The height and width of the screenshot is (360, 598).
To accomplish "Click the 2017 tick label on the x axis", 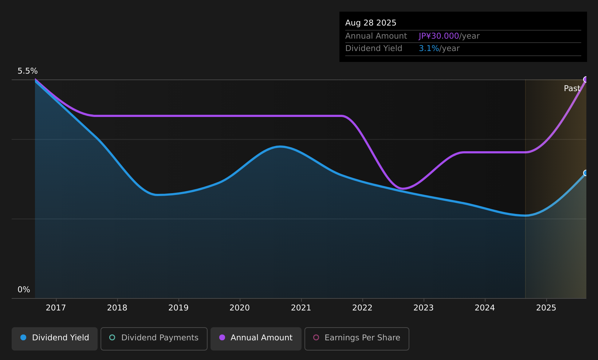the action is pyautogui.click(x=56, y=308).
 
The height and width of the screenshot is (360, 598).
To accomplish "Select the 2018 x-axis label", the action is pyautogui.click(x=117, y=308).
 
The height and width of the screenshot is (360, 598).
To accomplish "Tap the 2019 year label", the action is pyautogui.click(x=178, y=308).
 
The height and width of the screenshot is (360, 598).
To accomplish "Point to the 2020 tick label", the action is pyautogui.click(x=240, y=308).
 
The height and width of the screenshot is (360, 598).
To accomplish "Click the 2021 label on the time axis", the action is pyautogui.click(x=301, y=308).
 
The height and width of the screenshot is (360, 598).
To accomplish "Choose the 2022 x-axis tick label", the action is pyautogui.click(x=362, y=308).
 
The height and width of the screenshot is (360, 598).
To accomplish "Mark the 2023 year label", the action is pyautogui.click(x=424, y=308).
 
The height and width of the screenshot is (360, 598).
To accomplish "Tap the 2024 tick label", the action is pyautogui.click(x=485, y=308).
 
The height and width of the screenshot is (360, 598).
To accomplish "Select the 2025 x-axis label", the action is pyautogui.click(x=546, y=308).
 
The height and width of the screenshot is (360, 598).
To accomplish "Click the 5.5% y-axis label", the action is pyautogui.click(x=28, y=71).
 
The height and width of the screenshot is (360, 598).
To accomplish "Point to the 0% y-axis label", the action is pyautogui.click(x=24, y=290).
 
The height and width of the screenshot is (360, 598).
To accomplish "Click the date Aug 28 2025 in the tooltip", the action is pyautogui.click(x=371, y=23).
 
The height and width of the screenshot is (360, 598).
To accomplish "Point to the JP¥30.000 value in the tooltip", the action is pyautogui.click(x=439, y=36).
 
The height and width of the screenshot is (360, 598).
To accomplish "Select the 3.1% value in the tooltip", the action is pyautogui.click(x=429, y=48).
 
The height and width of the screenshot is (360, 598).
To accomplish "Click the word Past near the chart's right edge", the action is pyautogui.click(x=572, y=89).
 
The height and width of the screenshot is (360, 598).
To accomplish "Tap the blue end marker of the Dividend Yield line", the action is pyautogui.click(x=586, y=173).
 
